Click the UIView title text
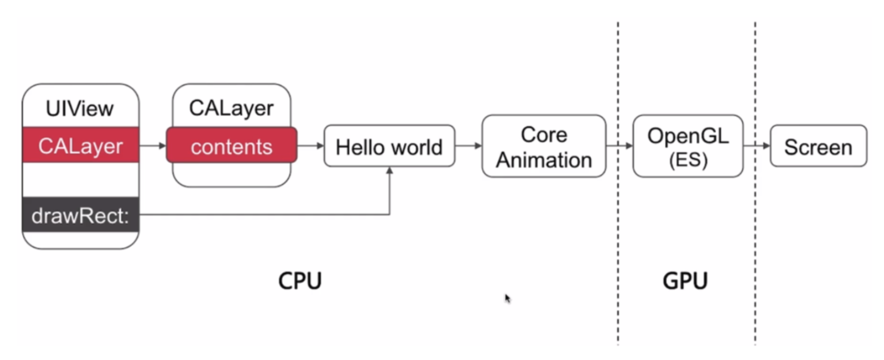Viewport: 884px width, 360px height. [x=80, y=109]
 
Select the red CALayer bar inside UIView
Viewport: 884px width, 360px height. [x=81, y=145]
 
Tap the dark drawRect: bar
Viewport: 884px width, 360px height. [x=81, y=215]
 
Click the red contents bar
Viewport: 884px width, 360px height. [x=231, y=147]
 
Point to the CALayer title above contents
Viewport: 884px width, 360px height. [x=231, y=108]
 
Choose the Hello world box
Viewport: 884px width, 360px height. [x=389, y=147]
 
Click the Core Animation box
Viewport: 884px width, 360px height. [x=544, y=147]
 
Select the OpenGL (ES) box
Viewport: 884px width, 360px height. [x=688, y=147]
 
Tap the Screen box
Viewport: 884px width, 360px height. [x=818, y=147]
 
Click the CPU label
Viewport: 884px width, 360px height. [x=300, y=281]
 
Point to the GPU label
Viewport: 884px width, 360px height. [x=685, y=281]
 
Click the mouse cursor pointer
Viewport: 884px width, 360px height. [x=507, y=298]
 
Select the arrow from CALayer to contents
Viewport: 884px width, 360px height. [x=153, y=145]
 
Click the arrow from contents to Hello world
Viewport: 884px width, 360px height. [x=311, y=145]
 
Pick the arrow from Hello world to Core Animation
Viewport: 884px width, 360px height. [x=469, y=145]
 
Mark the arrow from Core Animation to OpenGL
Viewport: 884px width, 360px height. [x=620, y=145]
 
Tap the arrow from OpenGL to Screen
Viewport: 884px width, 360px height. [x=757, y=145]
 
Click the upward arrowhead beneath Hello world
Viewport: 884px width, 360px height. [x=390, y=171]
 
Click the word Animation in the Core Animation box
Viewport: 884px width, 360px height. [x=544, y=160]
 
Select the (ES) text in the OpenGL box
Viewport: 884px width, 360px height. [x=688, y=159]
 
